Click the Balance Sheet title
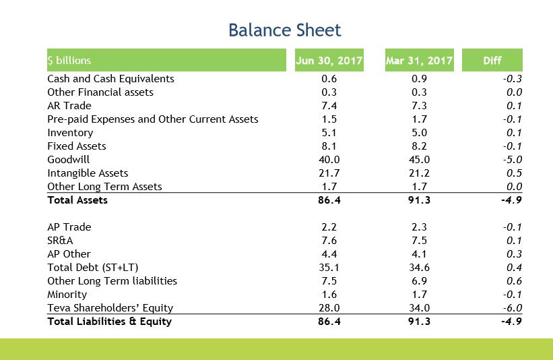click(x=284, y=30)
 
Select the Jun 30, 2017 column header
click(x=329, y=61)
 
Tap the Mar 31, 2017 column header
click(x=419, y=61)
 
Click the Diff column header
click(x=492, y=61)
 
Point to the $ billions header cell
click(x=69, y=61)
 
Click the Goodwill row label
click(x=68, y=160)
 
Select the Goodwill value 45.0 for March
click(x=419, y=160)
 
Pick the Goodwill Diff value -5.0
click(x=513, y=160)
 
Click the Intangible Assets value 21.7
click(x=329, y=173)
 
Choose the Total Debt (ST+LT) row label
click(x=93, y=268)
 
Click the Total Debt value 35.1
click(x=329, y=268)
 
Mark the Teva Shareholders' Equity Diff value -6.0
click(x=513, y=308)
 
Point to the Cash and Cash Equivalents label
click(x=110, y=79)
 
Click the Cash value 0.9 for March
click(x=419, y=79)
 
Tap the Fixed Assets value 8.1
click(x=329, y=146)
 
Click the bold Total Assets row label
click(x=77, y=200)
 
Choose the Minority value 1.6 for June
click(x=329, y=295)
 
